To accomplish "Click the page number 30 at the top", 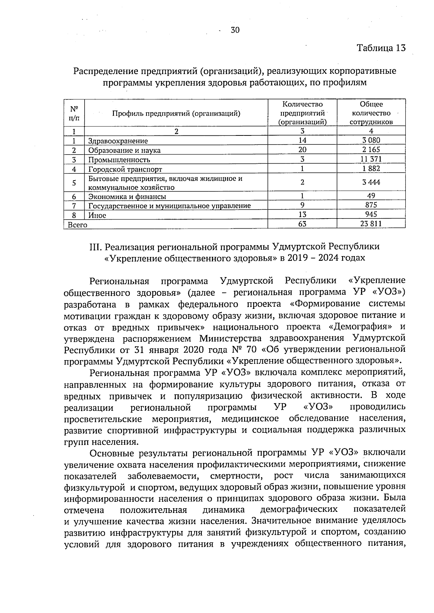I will click(x=235, y=30).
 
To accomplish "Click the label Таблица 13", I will click(x=381, y=48).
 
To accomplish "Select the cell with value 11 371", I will click(x=371, y=159).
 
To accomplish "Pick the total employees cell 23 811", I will click(x=371, y=224).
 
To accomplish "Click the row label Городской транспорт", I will click(x=125, y=169).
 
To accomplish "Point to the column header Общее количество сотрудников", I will click(x=371, y=113).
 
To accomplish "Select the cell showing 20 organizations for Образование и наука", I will click(x=302, y=150).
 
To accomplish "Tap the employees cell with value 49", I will click(x=371, y=196).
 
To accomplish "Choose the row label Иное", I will click(x=97, y=215).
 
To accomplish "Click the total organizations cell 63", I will click(x=302, y=224).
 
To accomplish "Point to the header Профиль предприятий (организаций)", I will click(x=176, y=113).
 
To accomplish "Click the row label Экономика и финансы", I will click(x=127, y=197).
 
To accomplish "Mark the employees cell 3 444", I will click(x=371, y=182).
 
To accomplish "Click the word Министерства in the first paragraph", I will click(x=230, y=339).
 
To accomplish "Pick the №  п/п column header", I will click(x=74, y=113).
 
